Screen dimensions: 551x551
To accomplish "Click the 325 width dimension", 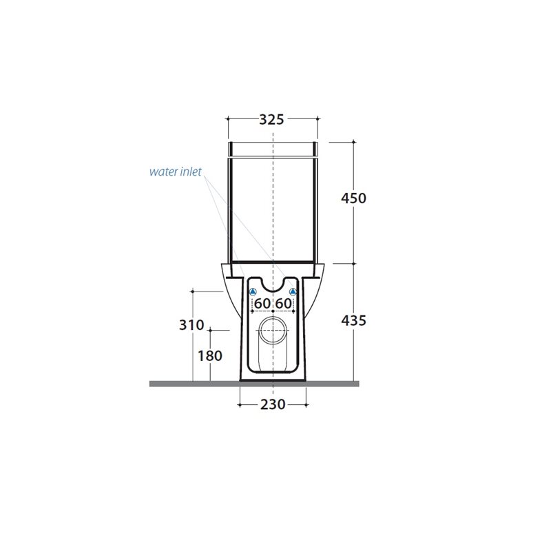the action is coord(271,119).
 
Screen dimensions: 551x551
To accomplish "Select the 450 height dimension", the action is coord(353,198).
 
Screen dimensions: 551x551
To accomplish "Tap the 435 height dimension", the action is coord(353,320).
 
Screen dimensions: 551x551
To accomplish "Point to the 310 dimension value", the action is coord(191,324).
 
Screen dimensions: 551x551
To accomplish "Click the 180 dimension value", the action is coord(210,355).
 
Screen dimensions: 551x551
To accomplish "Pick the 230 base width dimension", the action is coord(273,404).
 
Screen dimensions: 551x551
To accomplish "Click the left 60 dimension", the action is coord(262,303).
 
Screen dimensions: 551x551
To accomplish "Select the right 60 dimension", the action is coord(283,303).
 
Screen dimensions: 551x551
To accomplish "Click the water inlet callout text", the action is coord(176,171).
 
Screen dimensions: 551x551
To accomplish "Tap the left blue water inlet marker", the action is coord(253,291).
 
